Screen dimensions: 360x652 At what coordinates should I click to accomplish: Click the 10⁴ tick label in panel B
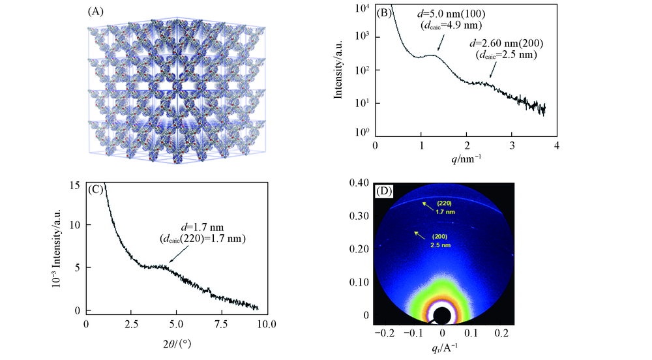pos(363,7)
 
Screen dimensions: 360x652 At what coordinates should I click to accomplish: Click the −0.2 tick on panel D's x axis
pos(384,332)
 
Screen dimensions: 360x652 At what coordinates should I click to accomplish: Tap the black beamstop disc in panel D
pos(441,316)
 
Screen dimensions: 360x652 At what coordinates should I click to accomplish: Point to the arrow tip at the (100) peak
pos(439,51)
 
